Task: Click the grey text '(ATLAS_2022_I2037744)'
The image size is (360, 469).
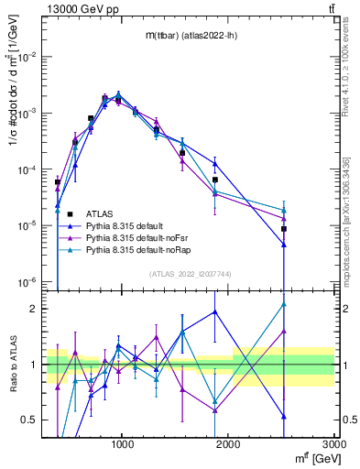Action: [x=190, y=274]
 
